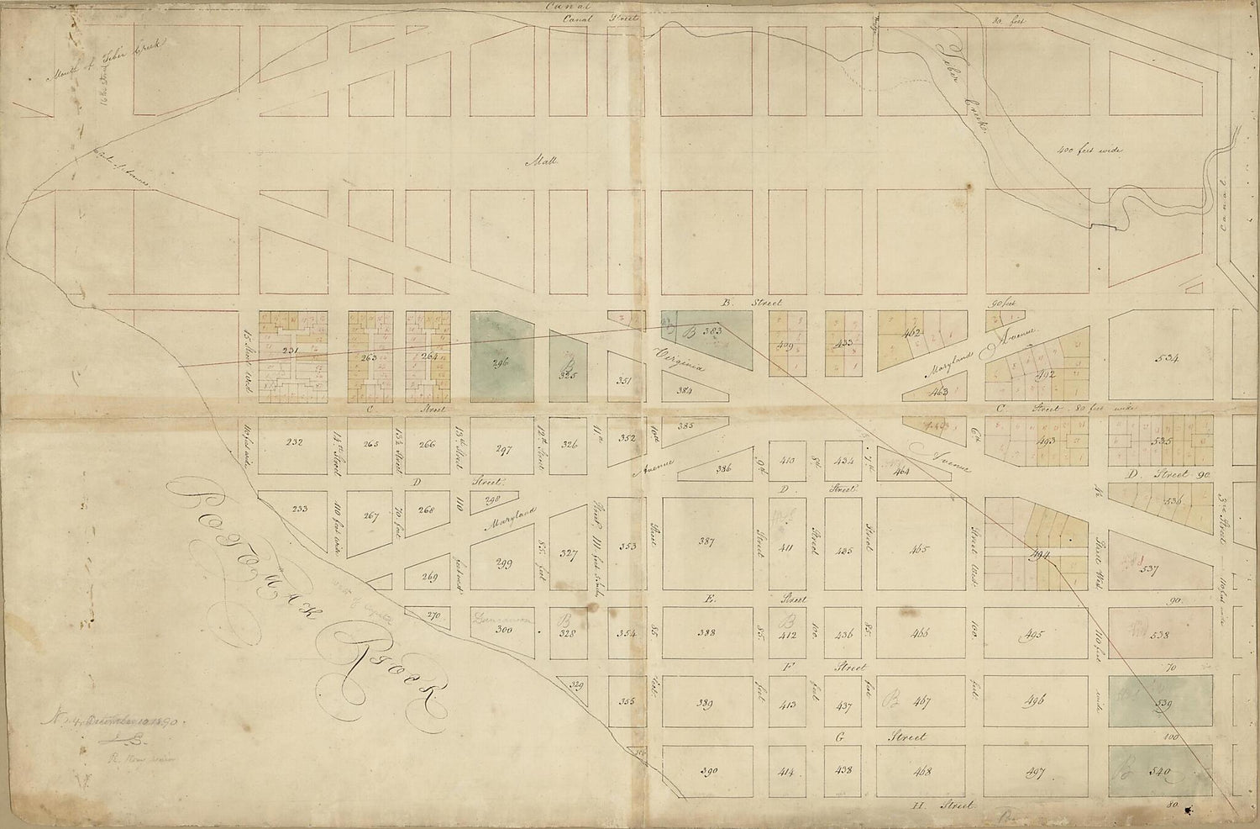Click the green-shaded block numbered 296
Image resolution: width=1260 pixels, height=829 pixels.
501,356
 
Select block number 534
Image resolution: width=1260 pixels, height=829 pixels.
1167,358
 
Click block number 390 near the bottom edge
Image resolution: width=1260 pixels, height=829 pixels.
706,770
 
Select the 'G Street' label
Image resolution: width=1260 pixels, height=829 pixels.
882,737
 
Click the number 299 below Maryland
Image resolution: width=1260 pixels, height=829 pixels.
504,564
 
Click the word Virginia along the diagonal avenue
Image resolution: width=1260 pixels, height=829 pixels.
680,359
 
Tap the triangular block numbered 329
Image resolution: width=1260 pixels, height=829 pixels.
576,685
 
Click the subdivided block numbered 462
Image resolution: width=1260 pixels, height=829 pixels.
914,334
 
